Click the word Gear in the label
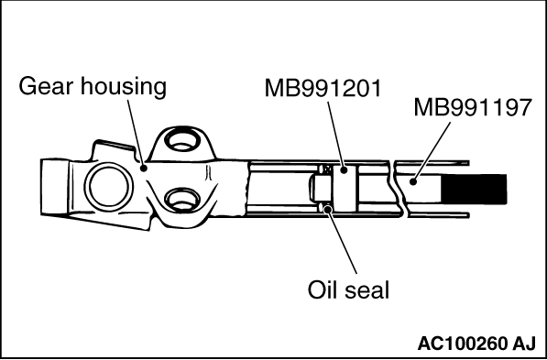(47, 86)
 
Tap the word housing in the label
(124, 87)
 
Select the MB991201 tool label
(323, 88)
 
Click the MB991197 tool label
(473, 108)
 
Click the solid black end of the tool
(474, 189)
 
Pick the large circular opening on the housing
(109, 186)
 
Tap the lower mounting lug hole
(182, 201)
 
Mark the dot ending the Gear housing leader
(143, 169)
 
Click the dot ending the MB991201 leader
(344, 170)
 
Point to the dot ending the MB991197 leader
(413, 181)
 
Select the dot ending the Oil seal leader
(328, 209)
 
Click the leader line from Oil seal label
(343, 241)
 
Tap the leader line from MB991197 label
(432, 152)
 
